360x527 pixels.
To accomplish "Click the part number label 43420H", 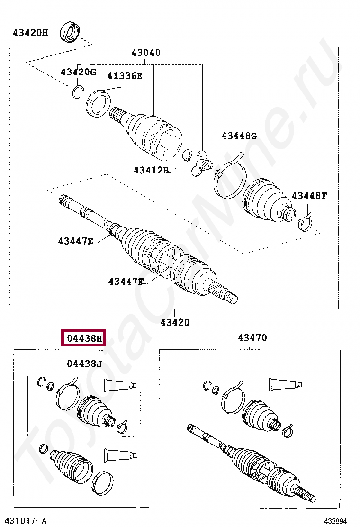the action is pos(30,33).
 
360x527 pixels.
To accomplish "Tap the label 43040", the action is pos(146,53).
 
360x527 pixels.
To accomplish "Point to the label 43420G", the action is pos(78,72).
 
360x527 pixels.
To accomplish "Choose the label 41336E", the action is pos(125,75).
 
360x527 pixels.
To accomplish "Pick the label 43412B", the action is pos(151,170).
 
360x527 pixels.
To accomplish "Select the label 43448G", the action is pos(239,136).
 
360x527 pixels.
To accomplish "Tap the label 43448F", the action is pos(309,195).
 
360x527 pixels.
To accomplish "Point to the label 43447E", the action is pos(76,241).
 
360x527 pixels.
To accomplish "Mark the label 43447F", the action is pos(126,282).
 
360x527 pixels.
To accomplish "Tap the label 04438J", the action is pos(84,364).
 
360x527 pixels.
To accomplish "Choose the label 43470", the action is pos(252,338).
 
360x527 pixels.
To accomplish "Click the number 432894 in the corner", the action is pos(339,521).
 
